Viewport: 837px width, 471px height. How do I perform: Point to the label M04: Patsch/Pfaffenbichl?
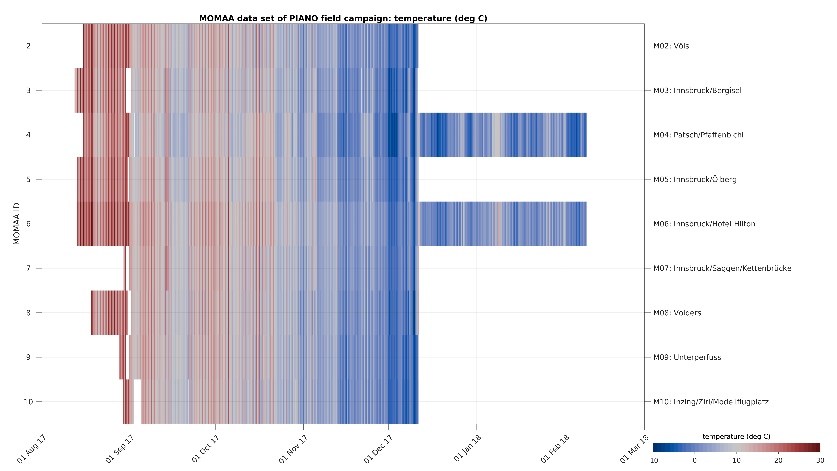click(x=698, y=135)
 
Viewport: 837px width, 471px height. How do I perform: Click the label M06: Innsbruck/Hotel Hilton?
click(x=704, y=224)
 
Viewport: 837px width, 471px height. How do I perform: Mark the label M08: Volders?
click(x=677, y=313)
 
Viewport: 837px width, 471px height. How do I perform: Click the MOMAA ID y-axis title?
click(x=17, y=224)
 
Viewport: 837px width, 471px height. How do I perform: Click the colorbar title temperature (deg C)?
click(x=736, y=436)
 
